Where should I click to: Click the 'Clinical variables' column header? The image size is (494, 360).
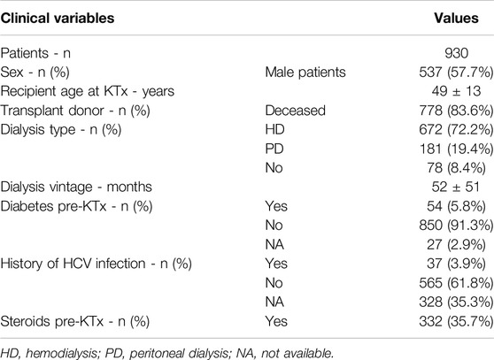tap(58, 19)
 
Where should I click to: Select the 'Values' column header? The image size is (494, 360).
tap(456, 19)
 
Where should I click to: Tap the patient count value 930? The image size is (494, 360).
tap(456, 53)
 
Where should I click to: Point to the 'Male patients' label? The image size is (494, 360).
tap(305, 73)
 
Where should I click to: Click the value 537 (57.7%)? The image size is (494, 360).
tap(456, 73)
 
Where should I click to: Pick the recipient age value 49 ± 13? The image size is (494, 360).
tap(456, 91)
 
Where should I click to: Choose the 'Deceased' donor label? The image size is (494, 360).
tap(295, 111)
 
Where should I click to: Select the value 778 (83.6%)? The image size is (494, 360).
tap(456, 111)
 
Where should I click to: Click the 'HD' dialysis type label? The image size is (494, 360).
tap(274, 130)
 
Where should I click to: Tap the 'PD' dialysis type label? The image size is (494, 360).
tap(274, 149)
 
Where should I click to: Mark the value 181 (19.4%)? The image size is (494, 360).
tap(456, 149)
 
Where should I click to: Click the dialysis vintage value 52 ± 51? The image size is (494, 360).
tap(456, 187)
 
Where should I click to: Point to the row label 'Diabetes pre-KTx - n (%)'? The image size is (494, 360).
tap(76, 206)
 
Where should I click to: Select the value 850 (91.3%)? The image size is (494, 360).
tap(456, 226)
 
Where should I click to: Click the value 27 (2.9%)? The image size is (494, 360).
tap(456, 244)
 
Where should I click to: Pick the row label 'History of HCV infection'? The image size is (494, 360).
tap(73, 264)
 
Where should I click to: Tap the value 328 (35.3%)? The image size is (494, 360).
tap(456, 303)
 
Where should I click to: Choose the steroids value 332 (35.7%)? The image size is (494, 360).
tap(456, 321)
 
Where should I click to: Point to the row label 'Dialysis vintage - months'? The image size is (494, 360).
tap(76, 187)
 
